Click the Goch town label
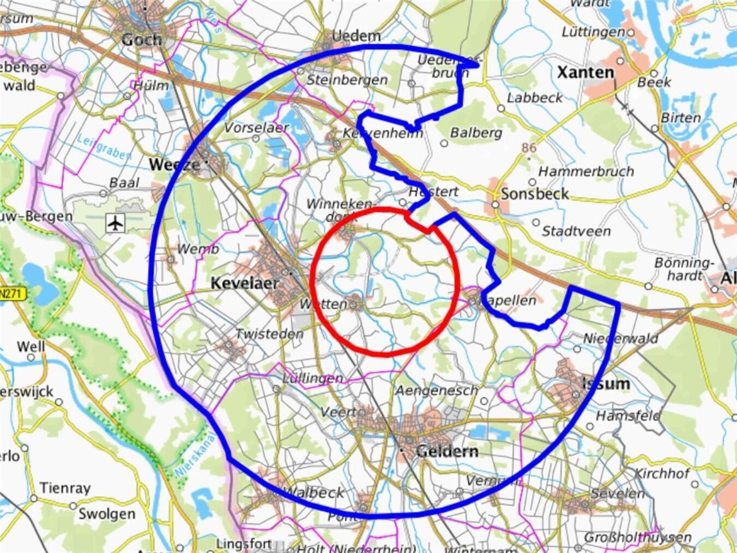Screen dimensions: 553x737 click(x=141, y=39)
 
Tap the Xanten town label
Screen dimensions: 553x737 click(x=585, y=72)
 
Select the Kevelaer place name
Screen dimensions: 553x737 click(x=244, y=283)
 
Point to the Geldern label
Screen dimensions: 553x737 click(x=447, y=451)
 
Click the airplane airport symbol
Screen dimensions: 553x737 click(x=115, y=223)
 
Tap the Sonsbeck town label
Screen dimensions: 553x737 click(x=534, y=194)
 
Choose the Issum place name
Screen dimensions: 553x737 click(x=605, y=384)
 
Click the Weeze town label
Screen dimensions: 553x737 click(x=174, y=165)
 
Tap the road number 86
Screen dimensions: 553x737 click(x=529, y=148)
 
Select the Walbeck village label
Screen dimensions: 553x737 click(x=314, y=492)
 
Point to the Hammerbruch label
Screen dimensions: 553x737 click(x=585, y=172)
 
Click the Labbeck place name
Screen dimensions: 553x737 click(x=534, y=98)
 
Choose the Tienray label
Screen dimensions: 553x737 click(x=65, y=488)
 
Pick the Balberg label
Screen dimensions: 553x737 click(x=476, y=133)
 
